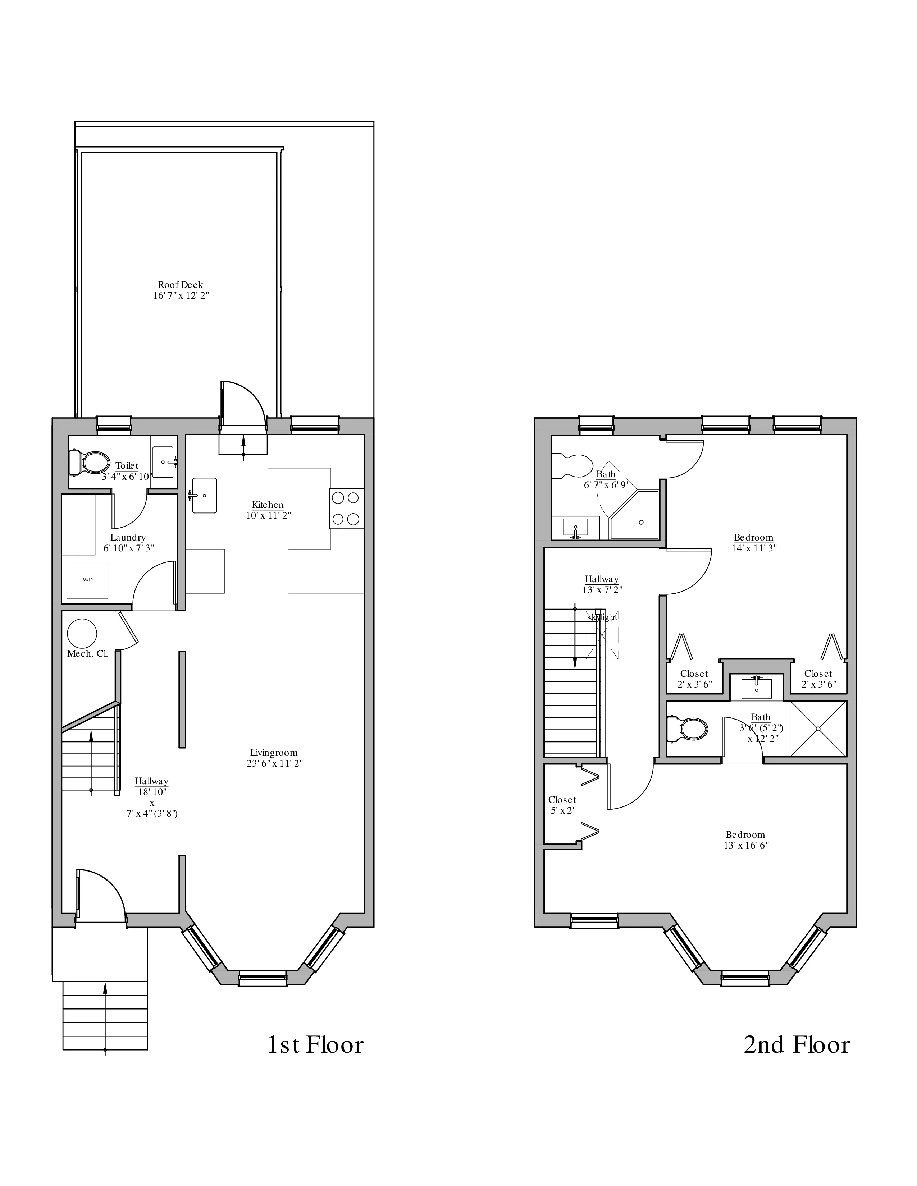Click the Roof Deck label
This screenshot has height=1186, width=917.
(181, 285)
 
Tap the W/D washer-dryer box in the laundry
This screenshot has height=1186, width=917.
(87, 580)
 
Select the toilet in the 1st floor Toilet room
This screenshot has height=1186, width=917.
(88, 462)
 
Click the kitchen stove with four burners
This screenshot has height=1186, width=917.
(346, 508)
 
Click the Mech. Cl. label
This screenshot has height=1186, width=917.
(87, 654)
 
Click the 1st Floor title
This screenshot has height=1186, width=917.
(315, 1045)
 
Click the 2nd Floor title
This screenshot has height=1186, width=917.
(796, 1045)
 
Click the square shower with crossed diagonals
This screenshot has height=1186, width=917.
(818, 729)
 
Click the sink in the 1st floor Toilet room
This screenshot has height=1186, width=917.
(164, 461)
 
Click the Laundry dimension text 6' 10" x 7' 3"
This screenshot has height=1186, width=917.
(129, 548)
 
